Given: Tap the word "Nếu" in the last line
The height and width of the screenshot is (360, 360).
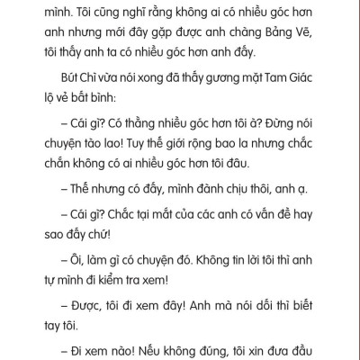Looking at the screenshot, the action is point(164,347).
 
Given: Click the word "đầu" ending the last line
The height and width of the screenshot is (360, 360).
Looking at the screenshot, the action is point(329,347).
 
